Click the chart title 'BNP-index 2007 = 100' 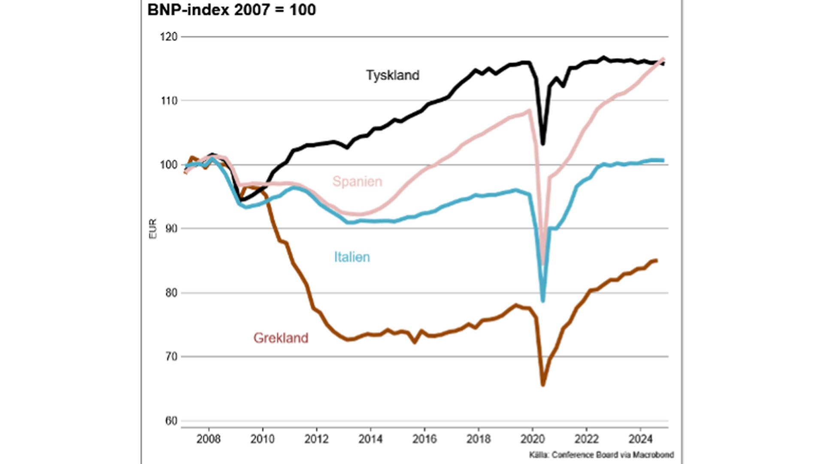(231, 10)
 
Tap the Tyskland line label (393, 75)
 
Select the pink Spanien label (357, 181)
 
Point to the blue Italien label (352, 257)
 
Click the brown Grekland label (281, 338)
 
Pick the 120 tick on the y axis (169, 37)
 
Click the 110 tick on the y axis (169, 101)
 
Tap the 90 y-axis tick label (171, 229)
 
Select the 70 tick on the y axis (171, 357)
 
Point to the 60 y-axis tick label (171, 421)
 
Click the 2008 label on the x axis (209, 439)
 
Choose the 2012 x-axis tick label (316, 439)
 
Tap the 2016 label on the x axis (424, 439)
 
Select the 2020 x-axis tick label (533, 439)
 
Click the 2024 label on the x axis (640, 439)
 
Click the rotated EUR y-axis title (153, 229)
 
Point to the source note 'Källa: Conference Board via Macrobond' (601, 455)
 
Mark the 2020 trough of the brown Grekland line (543, 385)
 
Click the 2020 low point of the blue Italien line (543, 301)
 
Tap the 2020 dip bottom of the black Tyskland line (543, 143)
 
